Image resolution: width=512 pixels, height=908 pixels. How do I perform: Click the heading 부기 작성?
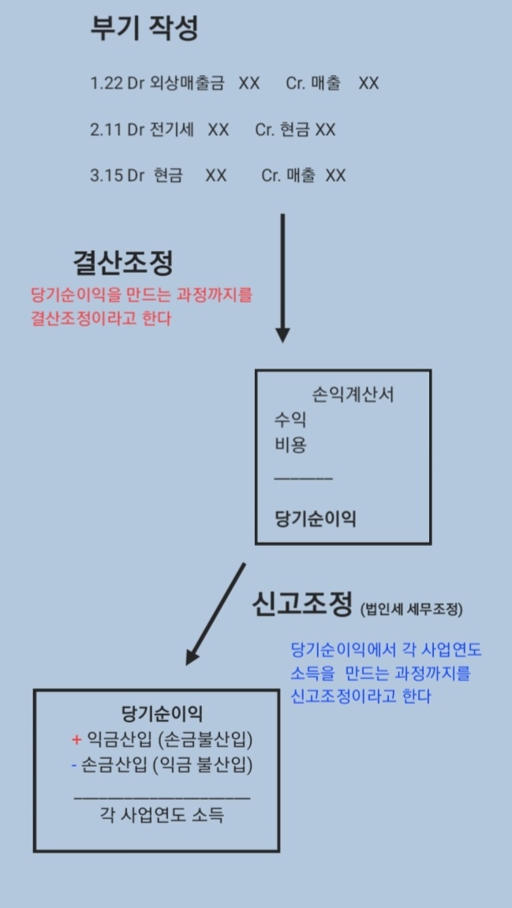pos(144,28)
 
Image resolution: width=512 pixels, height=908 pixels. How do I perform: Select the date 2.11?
pos(106,129)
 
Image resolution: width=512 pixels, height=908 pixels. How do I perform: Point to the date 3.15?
pos(106,175)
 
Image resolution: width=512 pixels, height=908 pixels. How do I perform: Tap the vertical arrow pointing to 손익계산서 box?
pos(282,276)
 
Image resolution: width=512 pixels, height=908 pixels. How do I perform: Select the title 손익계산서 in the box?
pos(353,395)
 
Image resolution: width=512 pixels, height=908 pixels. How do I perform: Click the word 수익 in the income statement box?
pos(290,420)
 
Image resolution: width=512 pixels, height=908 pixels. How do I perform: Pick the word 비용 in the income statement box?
pos(290,444)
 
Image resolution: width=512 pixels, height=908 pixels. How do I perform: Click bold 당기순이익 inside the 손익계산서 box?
pos(315,518)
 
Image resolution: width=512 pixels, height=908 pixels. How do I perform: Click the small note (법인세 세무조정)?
pos(411,609)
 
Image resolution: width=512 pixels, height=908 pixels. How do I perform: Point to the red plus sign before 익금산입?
pos(77,739)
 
